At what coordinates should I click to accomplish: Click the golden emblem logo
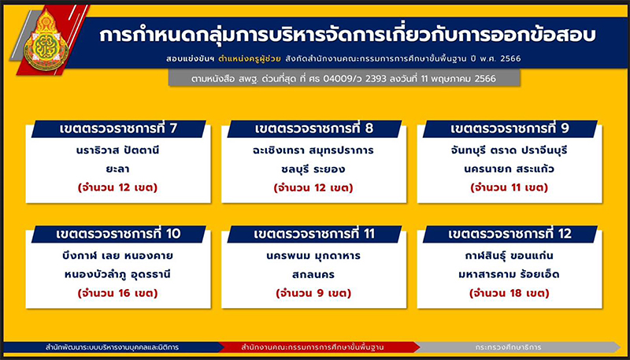point(46,40)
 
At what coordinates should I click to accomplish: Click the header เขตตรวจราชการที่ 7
point(119,129)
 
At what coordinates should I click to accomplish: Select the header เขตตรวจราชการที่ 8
point(314,129)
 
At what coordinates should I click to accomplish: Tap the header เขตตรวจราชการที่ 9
point(510,129)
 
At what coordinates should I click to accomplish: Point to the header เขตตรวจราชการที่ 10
point(119,234)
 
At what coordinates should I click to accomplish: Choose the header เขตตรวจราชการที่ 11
point(314,234)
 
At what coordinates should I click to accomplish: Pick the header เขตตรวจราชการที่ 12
point(510,234)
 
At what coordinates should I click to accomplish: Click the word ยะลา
point(118,169)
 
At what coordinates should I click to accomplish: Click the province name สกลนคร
point(313,275)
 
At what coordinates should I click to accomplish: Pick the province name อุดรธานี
point(147,275)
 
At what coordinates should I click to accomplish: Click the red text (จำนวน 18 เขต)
point(510,294)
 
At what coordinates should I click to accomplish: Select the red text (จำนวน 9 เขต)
point(313,294)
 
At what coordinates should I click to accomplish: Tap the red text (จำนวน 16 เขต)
point(118,294)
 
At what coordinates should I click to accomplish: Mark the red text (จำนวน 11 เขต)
point(510,188)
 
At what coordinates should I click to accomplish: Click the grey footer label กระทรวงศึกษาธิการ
point(508,347)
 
